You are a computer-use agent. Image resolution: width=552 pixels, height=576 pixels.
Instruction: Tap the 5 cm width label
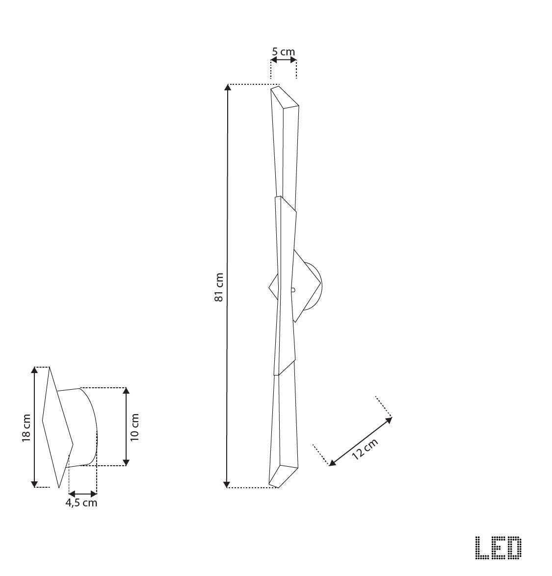pos(284,51)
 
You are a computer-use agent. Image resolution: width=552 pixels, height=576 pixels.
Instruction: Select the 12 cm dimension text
pos(365,449)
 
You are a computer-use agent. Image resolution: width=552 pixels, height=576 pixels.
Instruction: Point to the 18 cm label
pos(26,427)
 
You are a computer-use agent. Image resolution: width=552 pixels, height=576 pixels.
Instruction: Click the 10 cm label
pos(135,427)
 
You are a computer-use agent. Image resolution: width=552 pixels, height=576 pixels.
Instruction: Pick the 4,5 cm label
pos(82,503)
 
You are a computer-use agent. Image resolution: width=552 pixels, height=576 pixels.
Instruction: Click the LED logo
pos(498,548)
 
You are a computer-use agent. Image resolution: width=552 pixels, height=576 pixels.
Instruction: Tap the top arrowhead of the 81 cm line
pos(227,88)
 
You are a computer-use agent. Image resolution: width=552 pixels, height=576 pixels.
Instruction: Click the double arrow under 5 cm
pos(284,60)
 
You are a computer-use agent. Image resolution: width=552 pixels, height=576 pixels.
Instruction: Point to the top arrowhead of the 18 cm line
pos(34,370)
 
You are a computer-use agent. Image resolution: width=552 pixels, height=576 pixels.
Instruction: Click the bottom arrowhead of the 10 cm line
pos(126,462)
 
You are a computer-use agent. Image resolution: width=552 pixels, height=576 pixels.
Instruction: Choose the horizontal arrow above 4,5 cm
pos(83,494)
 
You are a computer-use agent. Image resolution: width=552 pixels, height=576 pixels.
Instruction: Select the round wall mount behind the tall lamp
pos(314,287)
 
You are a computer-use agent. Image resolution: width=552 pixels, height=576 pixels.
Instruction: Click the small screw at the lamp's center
pos(292,290)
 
